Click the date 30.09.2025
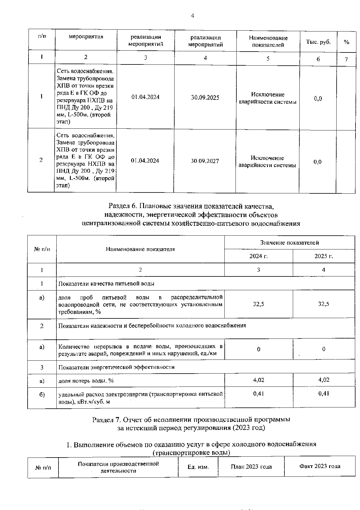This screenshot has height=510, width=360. [x=205, y=98]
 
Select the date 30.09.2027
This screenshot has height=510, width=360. [x=205, y=161]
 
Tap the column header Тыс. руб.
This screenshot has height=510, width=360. [x=318, y=42]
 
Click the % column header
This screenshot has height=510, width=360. [x=346, y=42]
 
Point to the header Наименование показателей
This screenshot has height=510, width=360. [x=268, y=41]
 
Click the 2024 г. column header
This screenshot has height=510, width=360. [x=258, y=256]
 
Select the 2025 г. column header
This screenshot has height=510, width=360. [x=324, y=256]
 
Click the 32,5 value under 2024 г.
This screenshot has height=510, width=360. [x=258, y=304]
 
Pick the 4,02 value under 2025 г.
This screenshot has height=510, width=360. [x=324, y=380]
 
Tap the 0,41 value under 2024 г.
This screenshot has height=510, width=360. [x=258, y=394]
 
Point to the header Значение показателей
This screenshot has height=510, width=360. [x=289, y=243]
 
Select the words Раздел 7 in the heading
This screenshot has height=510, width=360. [x=106, y=419]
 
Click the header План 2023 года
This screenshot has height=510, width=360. [x=251, y=467]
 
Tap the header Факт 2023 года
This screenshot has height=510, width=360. [x=319, y=466]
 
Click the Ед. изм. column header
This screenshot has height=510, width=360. [x=198, y=467]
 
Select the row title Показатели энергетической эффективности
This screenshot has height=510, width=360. [x=116, y=367]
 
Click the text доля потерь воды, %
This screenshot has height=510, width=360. [x=86, y=381]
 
